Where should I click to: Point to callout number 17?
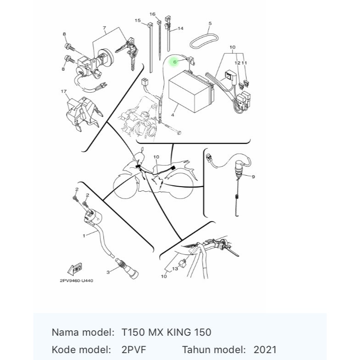pyautogui.click(x=64, y=91)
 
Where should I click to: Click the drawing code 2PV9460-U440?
pyautogui.click(x=76, y=281)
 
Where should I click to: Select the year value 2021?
pyautogui.click(x=265, y=350)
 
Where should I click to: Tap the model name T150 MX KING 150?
pyautogui.click(x=166, y=332)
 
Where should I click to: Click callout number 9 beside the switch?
pyautogui.click(x=253, y=177)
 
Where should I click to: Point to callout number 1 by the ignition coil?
pyautogui.click(x=84, y=236)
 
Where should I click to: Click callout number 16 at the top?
pyautogui.click(x=153, y=14)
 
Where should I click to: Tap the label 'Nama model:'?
pyautogui.click(x=83, y=332)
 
